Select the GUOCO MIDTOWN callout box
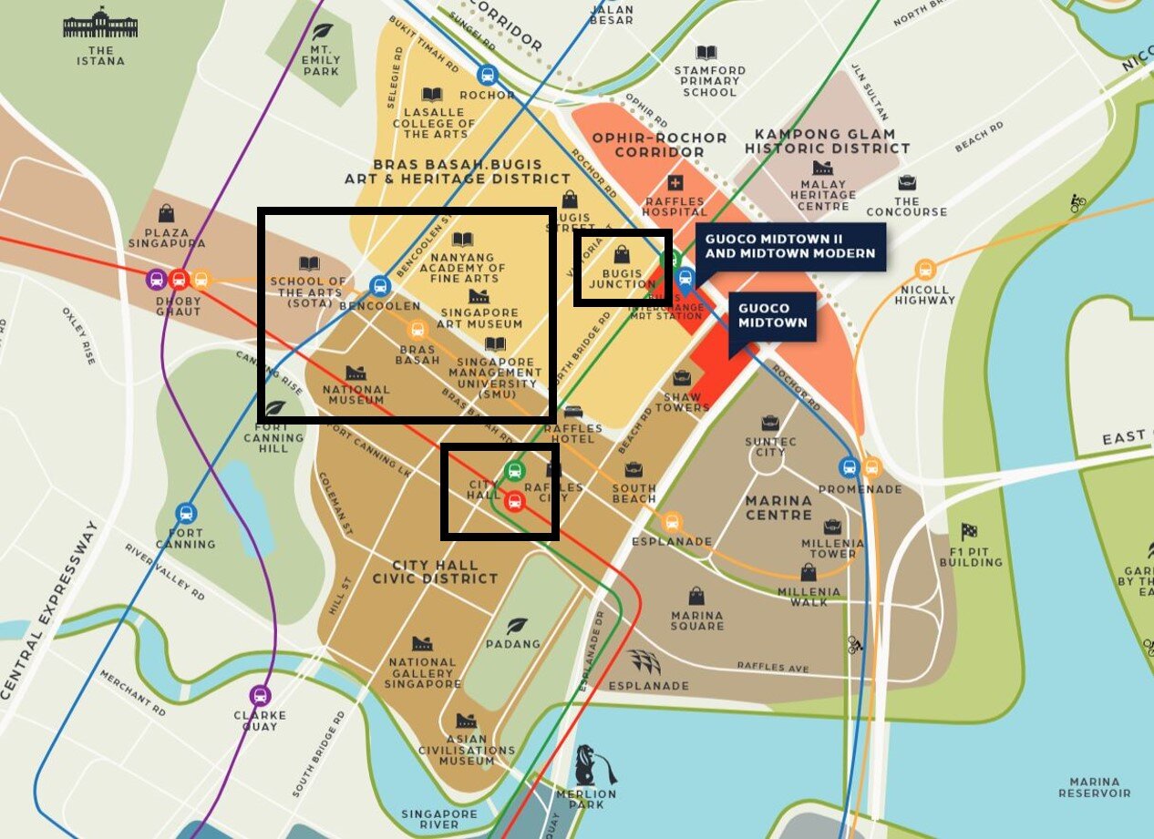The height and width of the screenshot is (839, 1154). pyautogui.click(x=771, y=316)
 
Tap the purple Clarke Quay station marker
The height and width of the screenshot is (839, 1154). pyautogui.click(x=261, y=695)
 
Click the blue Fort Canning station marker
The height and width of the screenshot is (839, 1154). pyautogui.click(x=187, y=513)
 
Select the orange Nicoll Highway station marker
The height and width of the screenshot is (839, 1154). pyautogui.click(x=925, y=270)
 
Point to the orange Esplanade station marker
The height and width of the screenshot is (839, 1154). pyautogui.click(x=673, y=522)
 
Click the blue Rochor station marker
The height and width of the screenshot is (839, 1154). pyautogui.click(x=487, y=75)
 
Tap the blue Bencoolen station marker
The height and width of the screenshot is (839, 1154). pyautogui.click(x=380, y=286)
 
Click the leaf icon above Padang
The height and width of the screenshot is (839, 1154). pyautogui.click(x=517, y=625)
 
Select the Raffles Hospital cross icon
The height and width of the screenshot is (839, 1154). pyautogui.click(x=675, y=183)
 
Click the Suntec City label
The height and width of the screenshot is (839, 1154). pyautogui.click(x=770, y=446)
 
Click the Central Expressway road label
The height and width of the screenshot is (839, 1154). pyautogui.click(x=50, y=610)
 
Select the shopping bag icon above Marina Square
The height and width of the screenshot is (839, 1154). pyautogui.click(x=696, y=596)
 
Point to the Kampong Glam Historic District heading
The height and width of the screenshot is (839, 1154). pyautogui.click(x=827, y=140)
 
